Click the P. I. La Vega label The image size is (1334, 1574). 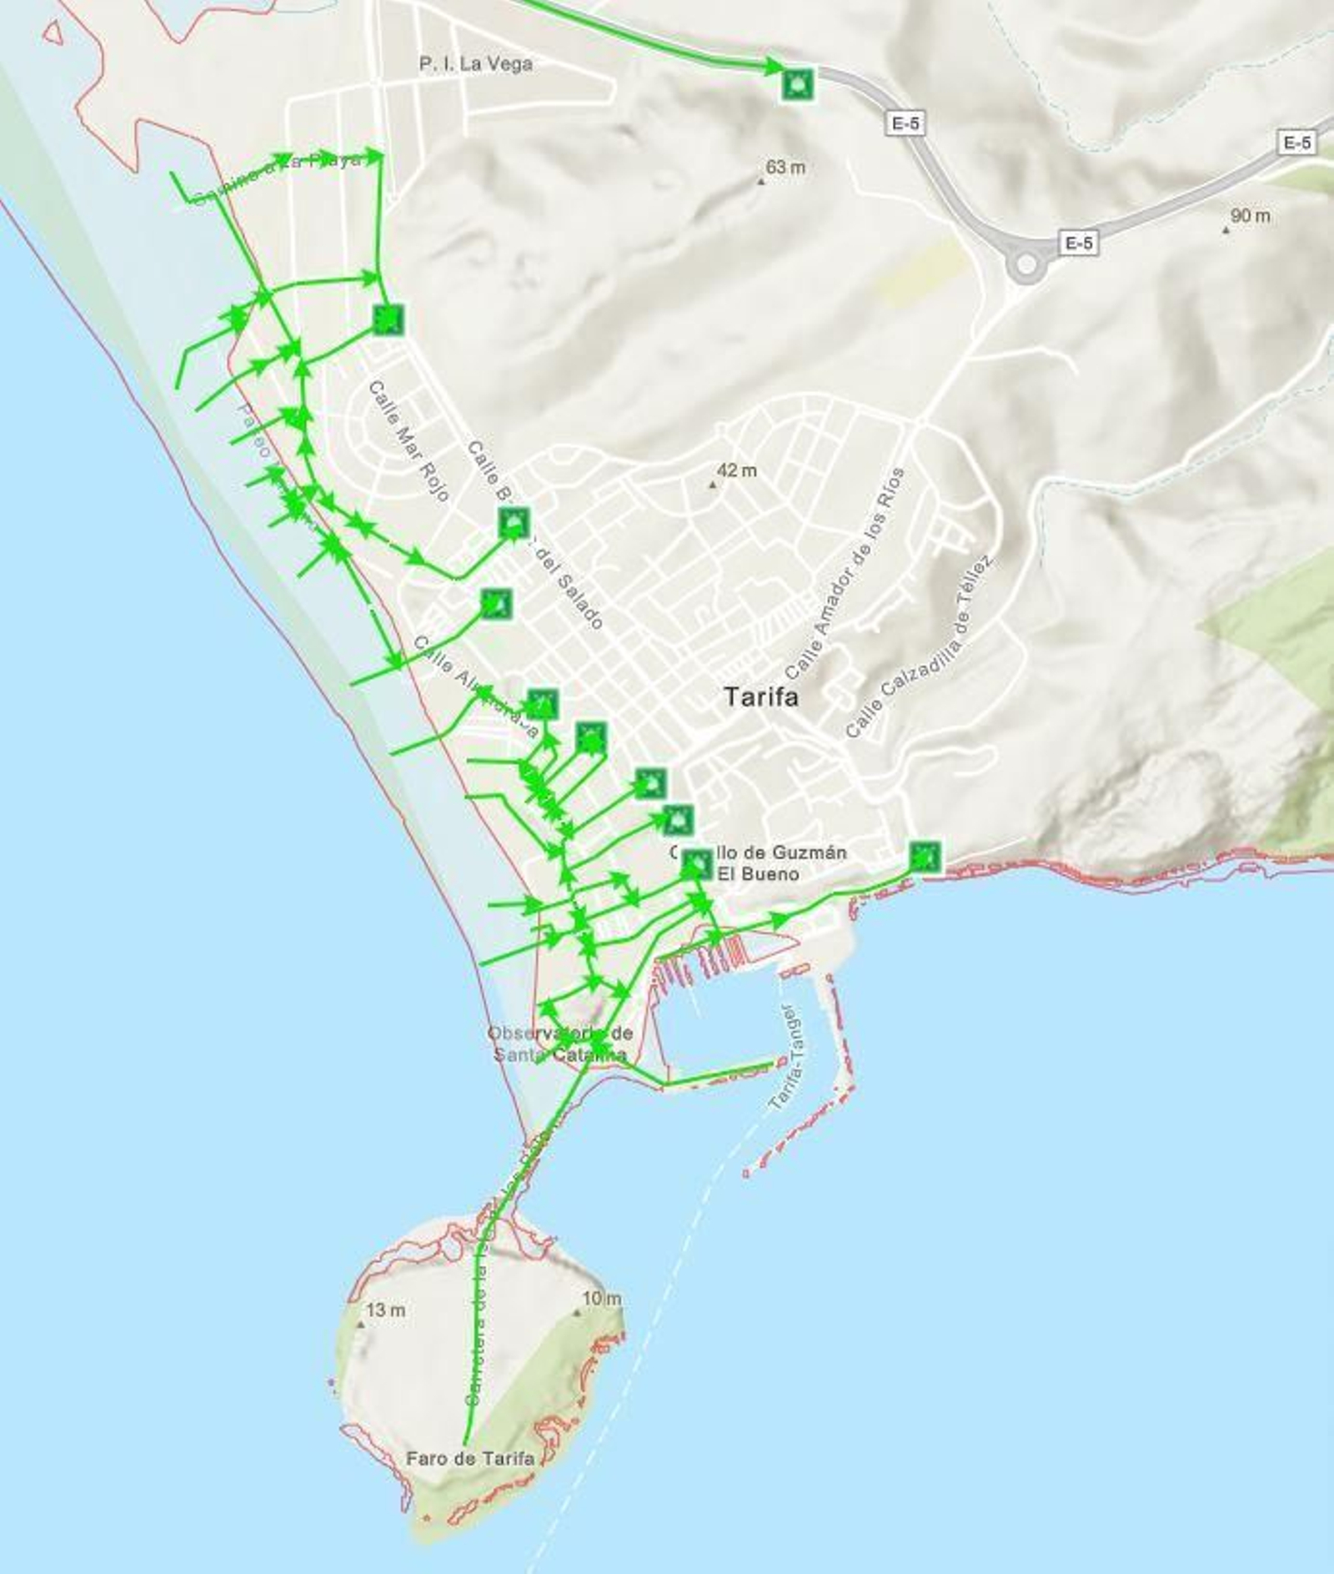[475, 63]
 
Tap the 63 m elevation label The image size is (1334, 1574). [785, 168]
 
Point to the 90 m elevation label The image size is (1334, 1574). [1250, 216]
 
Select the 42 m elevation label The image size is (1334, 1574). [736, 471]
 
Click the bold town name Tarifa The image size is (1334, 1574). [760, 696]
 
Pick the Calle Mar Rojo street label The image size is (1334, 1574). [409, 441]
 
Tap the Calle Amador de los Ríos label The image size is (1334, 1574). [845, 574]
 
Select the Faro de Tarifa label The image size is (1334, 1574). [469, 1458]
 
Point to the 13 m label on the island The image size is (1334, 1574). [385, 1310]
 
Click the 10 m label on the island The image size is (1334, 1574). [601, 1299]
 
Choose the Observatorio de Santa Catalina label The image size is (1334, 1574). [559, 1043]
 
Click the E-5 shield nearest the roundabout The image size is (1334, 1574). [1078, 243]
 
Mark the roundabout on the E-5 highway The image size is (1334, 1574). [1026, 265]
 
